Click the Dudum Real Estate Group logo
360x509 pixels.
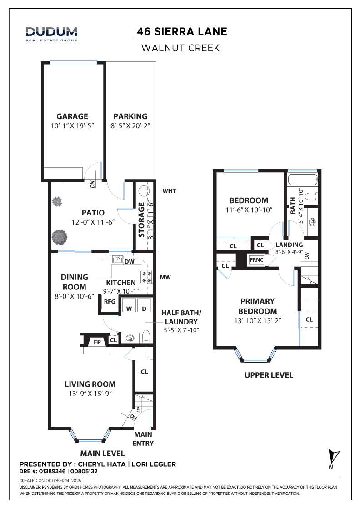[51, 34]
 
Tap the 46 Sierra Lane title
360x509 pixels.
[182, 32]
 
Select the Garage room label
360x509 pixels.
[72, 116]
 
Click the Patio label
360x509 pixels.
[93, 212]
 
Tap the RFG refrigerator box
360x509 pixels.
[109, 302]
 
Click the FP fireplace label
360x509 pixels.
[97, 341]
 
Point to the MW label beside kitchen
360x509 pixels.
[165, 277]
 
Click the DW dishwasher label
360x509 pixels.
[129, 262]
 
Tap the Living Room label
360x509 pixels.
[90, 384]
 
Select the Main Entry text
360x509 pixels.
[143, 439]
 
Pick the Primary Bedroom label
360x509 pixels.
[258, 306]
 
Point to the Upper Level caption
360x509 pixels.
[269, 375]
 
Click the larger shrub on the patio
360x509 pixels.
[59, 236]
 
